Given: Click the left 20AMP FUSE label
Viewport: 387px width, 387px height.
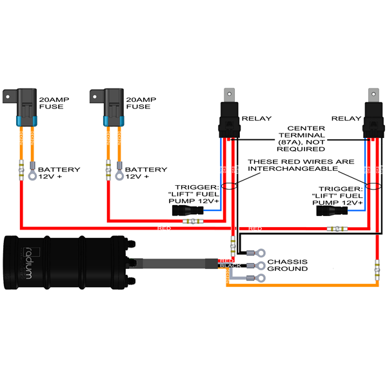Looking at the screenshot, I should pyautogui.click(x=53, y=103).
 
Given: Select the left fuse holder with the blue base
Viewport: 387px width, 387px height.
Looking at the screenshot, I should pyautogui.click(x=26, y=106).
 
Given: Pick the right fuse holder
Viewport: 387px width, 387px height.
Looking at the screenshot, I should pyautogui.click(x=112, y=106).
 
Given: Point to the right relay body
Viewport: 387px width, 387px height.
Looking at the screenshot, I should pyautogui.click(x=372, y=118).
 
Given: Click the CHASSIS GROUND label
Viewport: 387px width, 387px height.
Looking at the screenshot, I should pyautogui.click(x=287, y=264).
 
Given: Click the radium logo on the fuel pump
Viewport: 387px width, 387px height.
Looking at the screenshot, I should pyautogui.click(x=28, y=261).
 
